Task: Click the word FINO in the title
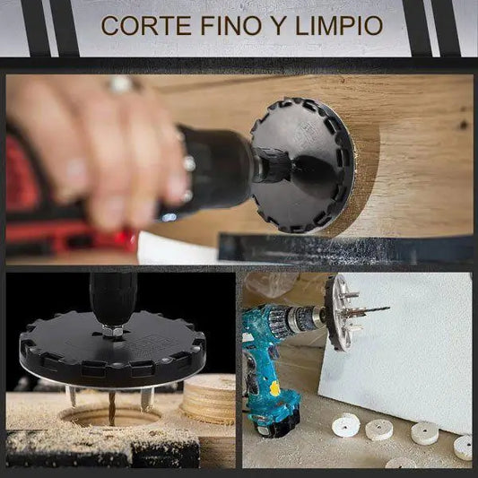(230, 26)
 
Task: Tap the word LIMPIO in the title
(338, 26)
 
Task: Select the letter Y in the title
(278, 26)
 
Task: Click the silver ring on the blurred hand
(121, 83)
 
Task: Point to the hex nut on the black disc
(111, 330)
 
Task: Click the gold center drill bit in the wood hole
(112, 407)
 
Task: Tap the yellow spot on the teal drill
(275, 388)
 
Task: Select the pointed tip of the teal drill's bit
(388, 308)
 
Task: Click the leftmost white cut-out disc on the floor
(345, 425)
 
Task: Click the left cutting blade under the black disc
(72, 395)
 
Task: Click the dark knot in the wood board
(465, 125)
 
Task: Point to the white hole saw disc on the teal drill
(339, 312)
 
